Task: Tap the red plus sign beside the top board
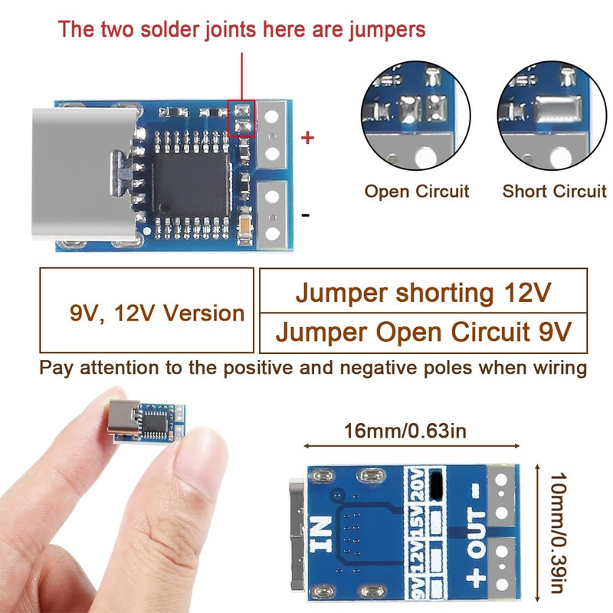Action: point(307,138)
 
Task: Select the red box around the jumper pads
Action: point(241,120)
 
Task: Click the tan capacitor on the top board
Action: point(244,225)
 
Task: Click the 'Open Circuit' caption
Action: point(416,192)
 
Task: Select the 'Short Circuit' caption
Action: point(554,192)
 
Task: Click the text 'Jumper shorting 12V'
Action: point(423,293)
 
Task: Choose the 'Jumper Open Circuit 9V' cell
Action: point(423,333)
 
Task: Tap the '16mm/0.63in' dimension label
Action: point(404,430)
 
